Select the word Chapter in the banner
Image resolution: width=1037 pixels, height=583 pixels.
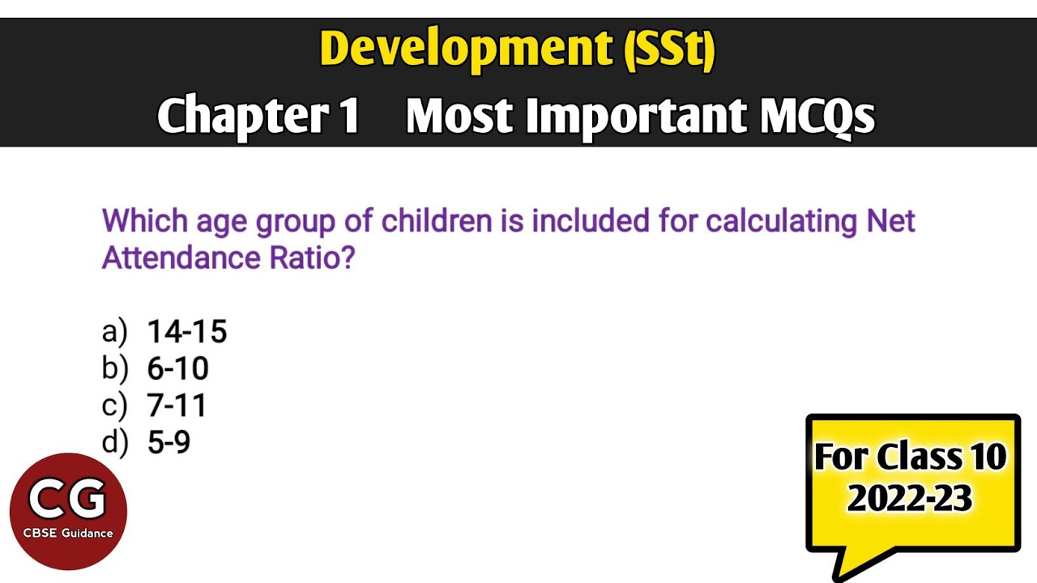(x=244, y=117)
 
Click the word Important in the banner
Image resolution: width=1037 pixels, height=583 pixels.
(x=637, y=117)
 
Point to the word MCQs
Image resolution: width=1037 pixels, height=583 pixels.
(x=817, y=116)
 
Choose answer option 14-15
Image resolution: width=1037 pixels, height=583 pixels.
(x=187, y=331)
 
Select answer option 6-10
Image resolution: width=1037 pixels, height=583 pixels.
(x=177, y=368)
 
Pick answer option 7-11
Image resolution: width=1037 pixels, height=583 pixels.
(x=177, y=406)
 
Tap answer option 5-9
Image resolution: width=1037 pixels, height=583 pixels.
(x=169, y=442)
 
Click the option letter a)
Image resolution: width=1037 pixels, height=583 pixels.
(x=114, y=332)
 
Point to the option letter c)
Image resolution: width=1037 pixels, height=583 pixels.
(x=114, y=406)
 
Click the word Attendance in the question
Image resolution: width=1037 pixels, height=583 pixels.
(x=181, y=257)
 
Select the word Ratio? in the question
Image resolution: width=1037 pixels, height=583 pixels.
(x=312, y=257)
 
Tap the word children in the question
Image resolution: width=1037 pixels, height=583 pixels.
(x=436, y=220)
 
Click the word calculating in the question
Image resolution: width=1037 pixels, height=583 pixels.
(x=780, y=222)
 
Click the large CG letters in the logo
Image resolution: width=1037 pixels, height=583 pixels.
(x=67, y=498)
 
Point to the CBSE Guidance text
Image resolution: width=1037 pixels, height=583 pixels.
(x=68, y=533)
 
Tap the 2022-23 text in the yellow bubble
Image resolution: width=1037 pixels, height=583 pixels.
(x=910, y=498)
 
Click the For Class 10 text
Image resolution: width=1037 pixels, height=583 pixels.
(x=910, y=457)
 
